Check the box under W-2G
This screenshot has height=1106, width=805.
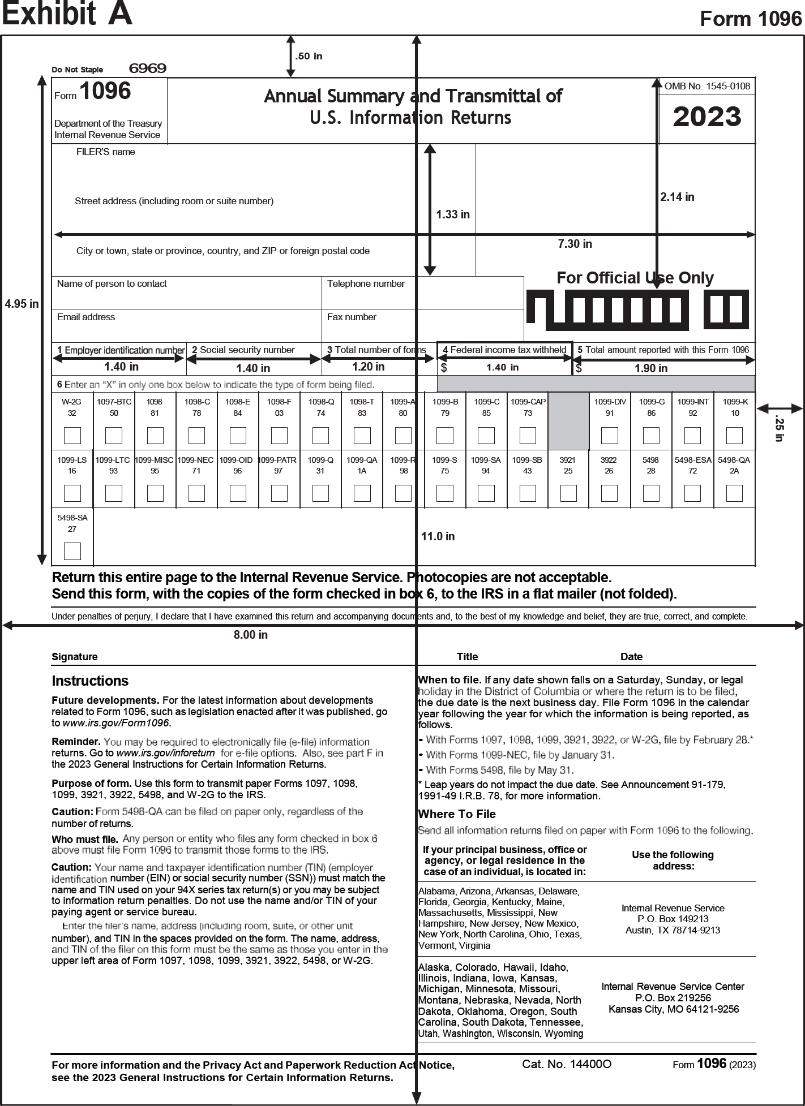(x=72, y=436)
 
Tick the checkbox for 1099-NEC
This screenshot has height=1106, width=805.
(x=196, y=493)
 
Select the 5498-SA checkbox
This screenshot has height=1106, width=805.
(x=72, y=551)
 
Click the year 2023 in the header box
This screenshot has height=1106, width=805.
(x=706, y=117)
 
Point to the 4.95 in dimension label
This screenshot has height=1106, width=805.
(x=22, y=304)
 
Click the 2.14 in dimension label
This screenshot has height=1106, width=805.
(x=677, y=197)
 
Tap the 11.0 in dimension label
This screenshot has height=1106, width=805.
(x=438, y=536)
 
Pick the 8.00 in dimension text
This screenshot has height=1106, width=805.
(x=250, y=635)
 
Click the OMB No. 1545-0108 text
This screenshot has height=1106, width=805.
(x=707, y=86)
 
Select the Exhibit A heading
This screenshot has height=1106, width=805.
(x=67, y=14)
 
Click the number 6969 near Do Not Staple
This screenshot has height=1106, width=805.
(x=147, y=68)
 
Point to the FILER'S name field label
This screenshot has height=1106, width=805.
(x=105, y=152)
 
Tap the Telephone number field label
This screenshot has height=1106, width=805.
(x=366, y=283)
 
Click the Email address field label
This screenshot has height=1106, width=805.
(x=86, y=317)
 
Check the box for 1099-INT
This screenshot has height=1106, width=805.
(x=692, y=436)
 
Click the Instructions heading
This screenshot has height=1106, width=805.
(x=90, y=681)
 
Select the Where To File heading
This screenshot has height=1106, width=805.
(x=456, y=814)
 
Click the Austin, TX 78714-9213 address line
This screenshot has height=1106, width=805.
(x=673, y=930)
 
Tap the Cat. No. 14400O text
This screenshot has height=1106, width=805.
(x=566, y=1064)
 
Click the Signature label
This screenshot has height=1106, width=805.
(x=74, y=657)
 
